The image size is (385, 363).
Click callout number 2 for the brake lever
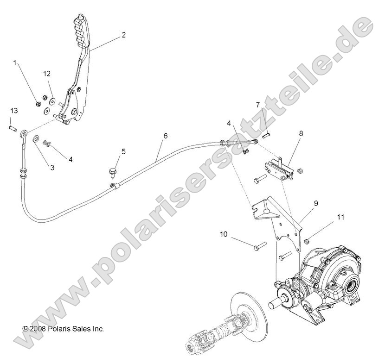(123, 35)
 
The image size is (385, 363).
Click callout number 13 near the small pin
(14, 111)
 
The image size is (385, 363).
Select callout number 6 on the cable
(165, 136)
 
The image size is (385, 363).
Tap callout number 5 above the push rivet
(123, 151)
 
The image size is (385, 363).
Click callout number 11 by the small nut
(341, 217)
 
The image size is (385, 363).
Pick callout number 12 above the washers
(47, 74)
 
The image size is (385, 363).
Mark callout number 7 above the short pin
(270, 118)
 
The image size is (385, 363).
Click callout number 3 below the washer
(52, 167)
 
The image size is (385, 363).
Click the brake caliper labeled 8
(278, 169)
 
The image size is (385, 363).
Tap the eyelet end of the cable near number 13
(23, 135)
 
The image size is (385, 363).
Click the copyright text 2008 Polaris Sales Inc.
(63, 329)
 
